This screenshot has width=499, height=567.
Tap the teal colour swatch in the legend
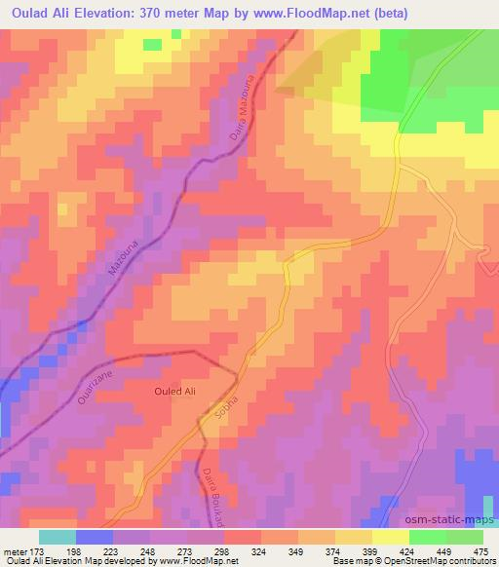click(x=57, y=537)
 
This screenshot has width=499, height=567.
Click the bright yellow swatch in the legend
click(x=390, y=537)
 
